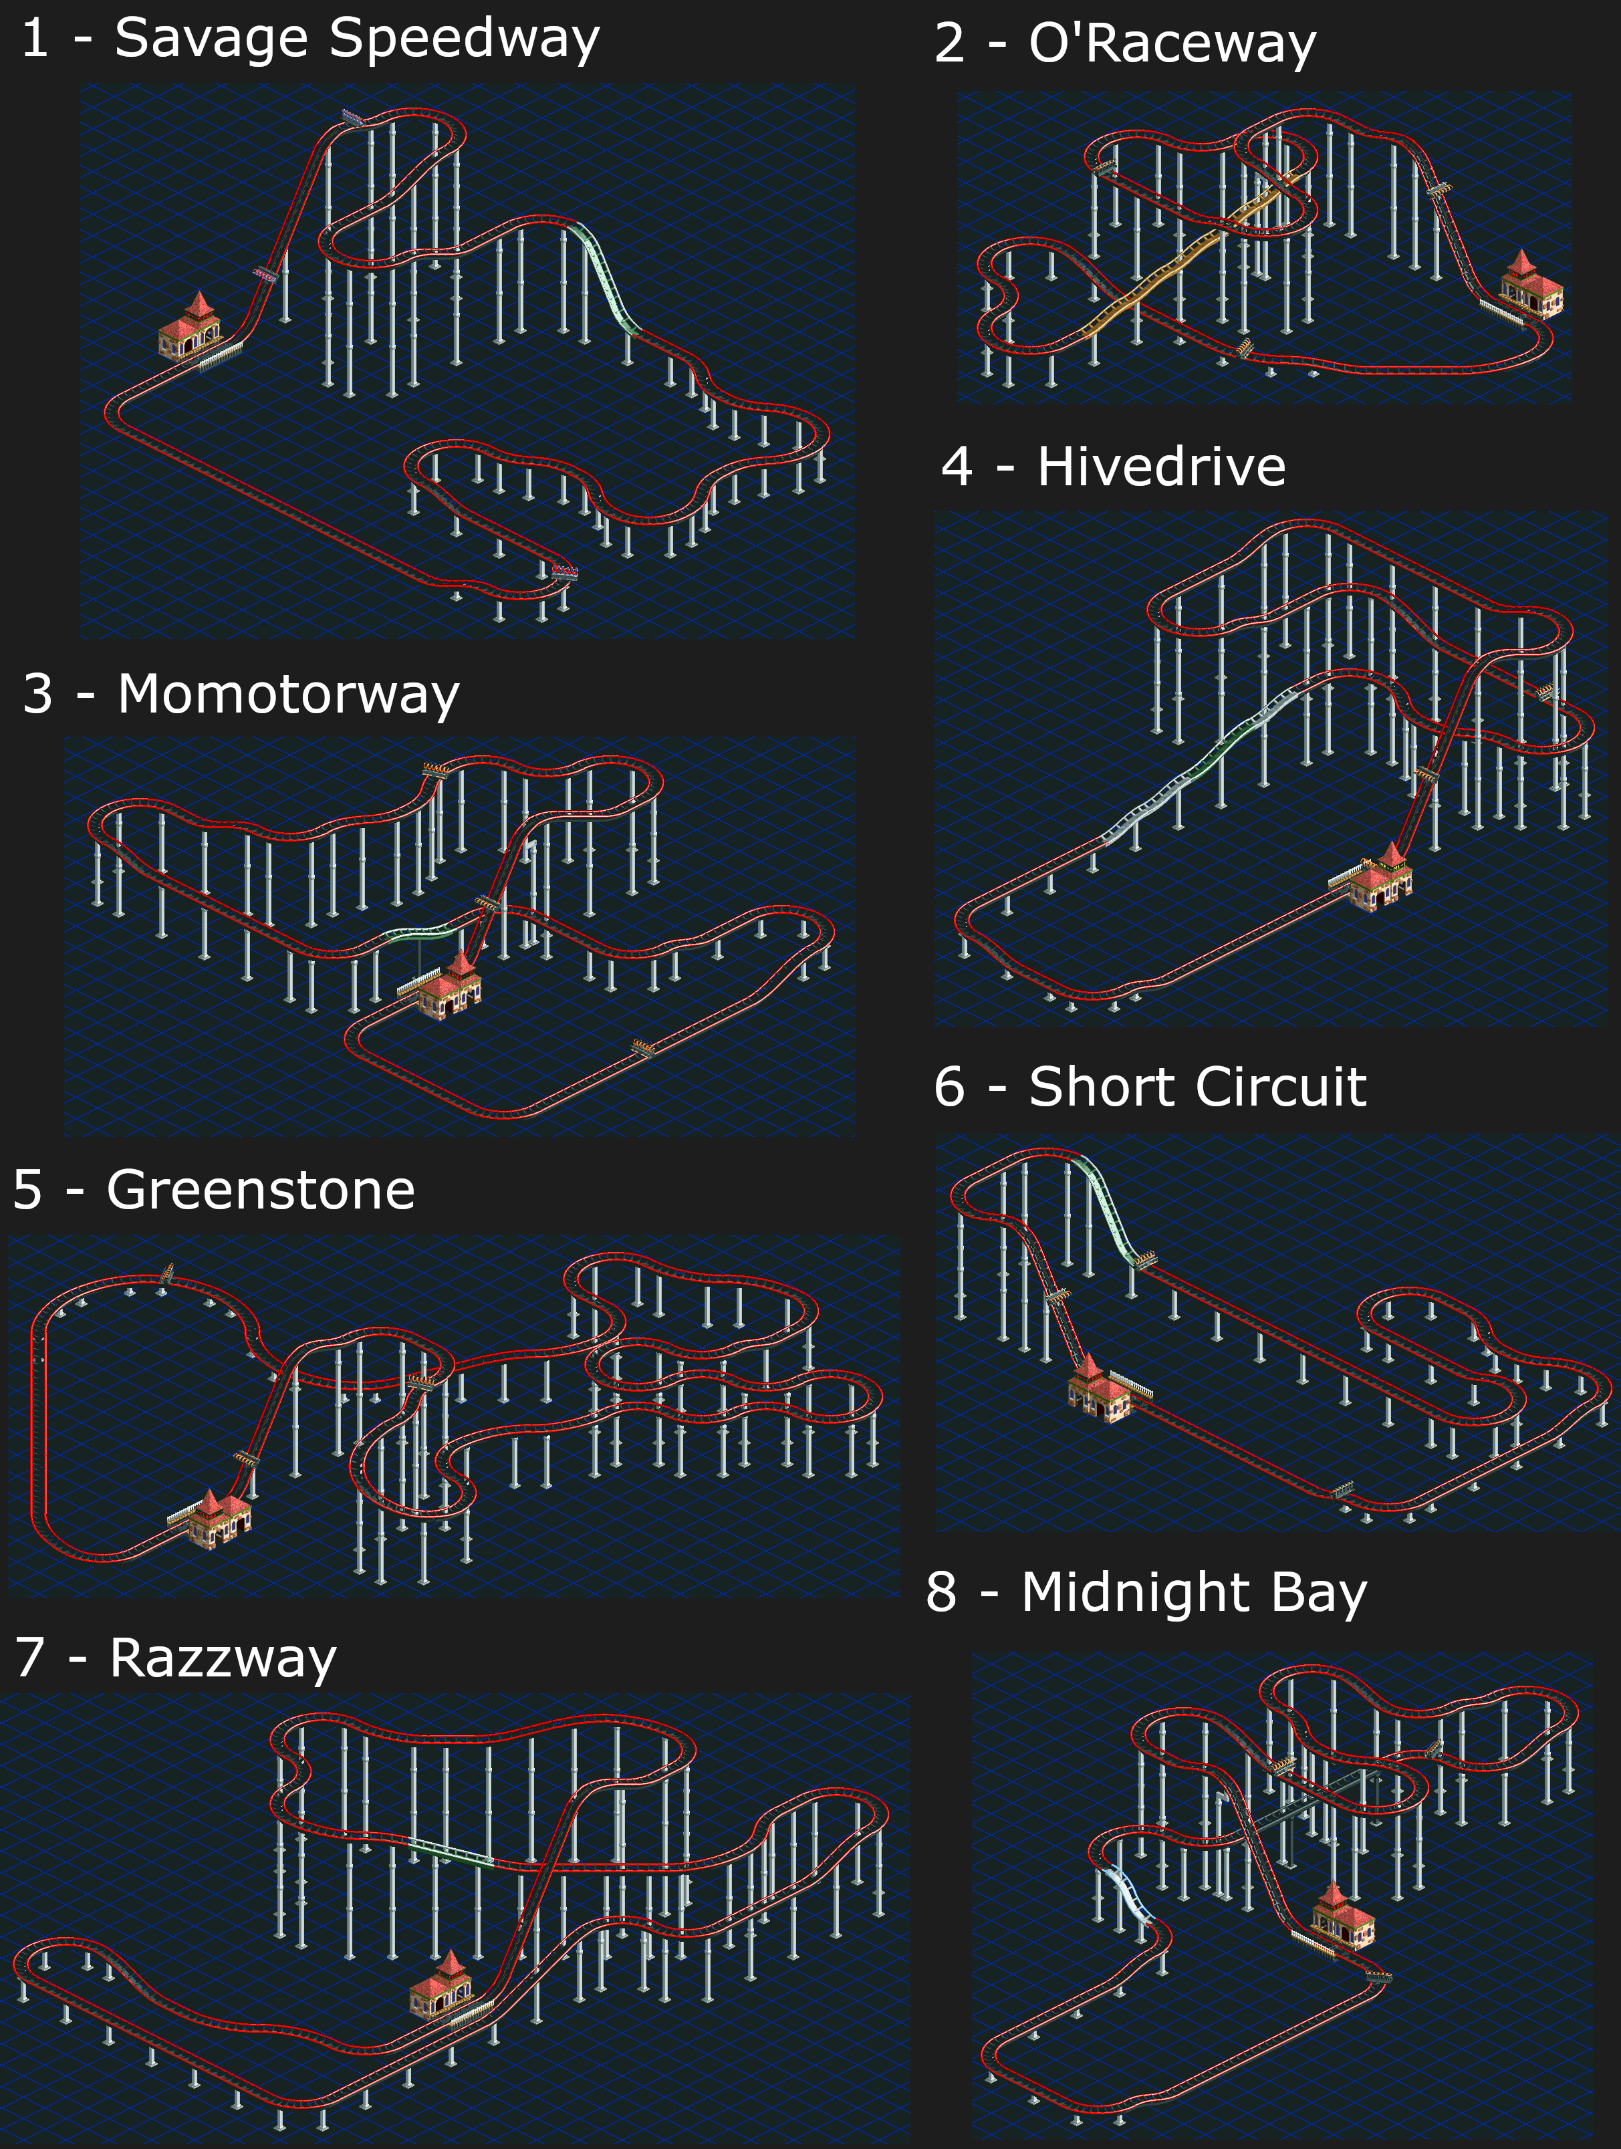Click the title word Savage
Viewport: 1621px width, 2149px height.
pos(212,41)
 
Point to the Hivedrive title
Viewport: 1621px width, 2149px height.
pos(1161,467)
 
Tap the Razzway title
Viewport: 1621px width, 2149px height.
pos(223,1658)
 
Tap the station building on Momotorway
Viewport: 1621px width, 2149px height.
pos(453,986)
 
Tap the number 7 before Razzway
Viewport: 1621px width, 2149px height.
pos(30,1658)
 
